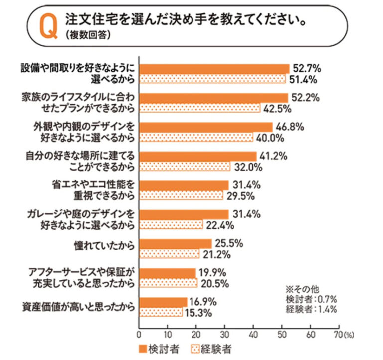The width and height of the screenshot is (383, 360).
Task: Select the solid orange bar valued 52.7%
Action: [214, 69]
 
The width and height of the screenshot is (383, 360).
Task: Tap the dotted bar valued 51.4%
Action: [212, 79]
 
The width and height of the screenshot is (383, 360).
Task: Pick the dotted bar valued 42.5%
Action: [199, 108]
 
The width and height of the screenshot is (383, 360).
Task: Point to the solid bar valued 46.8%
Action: [205, 127]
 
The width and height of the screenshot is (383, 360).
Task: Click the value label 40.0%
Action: [270, 137]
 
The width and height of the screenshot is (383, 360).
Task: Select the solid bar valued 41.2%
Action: [197, 156]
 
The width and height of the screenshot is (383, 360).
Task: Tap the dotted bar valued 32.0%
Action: [185, 166]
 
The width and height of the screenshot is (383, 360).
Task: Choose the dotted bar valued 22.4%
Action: [171, 225]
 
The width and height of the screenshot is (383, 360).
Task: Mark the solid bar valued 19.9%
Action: [167, 273]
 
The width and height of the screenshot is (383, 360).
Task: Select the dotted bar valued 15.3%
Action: [161, 312]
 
